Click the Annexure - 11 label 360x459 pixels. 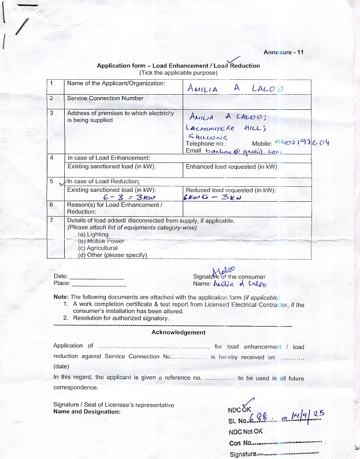(283, 53)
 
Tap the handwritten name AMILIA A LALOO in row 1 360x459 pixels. (235, 88)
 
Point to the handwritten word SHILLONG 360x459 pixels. (205, 136)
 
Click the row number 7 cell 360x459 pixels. (51, 220)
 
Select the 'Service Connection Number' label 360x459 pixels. (105, 98)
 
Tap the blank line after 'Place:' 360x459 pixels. (98, 284)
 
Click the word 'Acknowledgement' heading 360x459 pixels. (178, 332)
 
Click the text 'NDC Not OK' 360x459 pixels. (246, 431)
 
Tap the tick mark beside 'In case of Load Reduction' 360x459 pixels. (62, 182)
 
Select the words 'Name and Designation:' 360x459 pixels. (87, 412)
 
